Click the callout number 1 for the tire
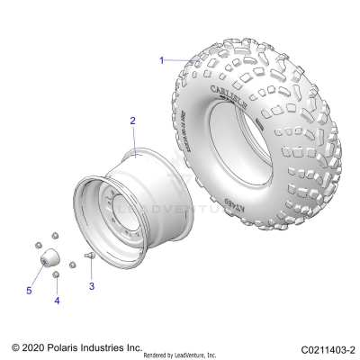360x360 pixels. [x=162, y=60]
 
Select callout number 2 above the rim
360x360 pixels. [x=132, y=121]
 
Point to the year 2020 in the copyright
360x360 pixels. [x=35, y=346]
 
